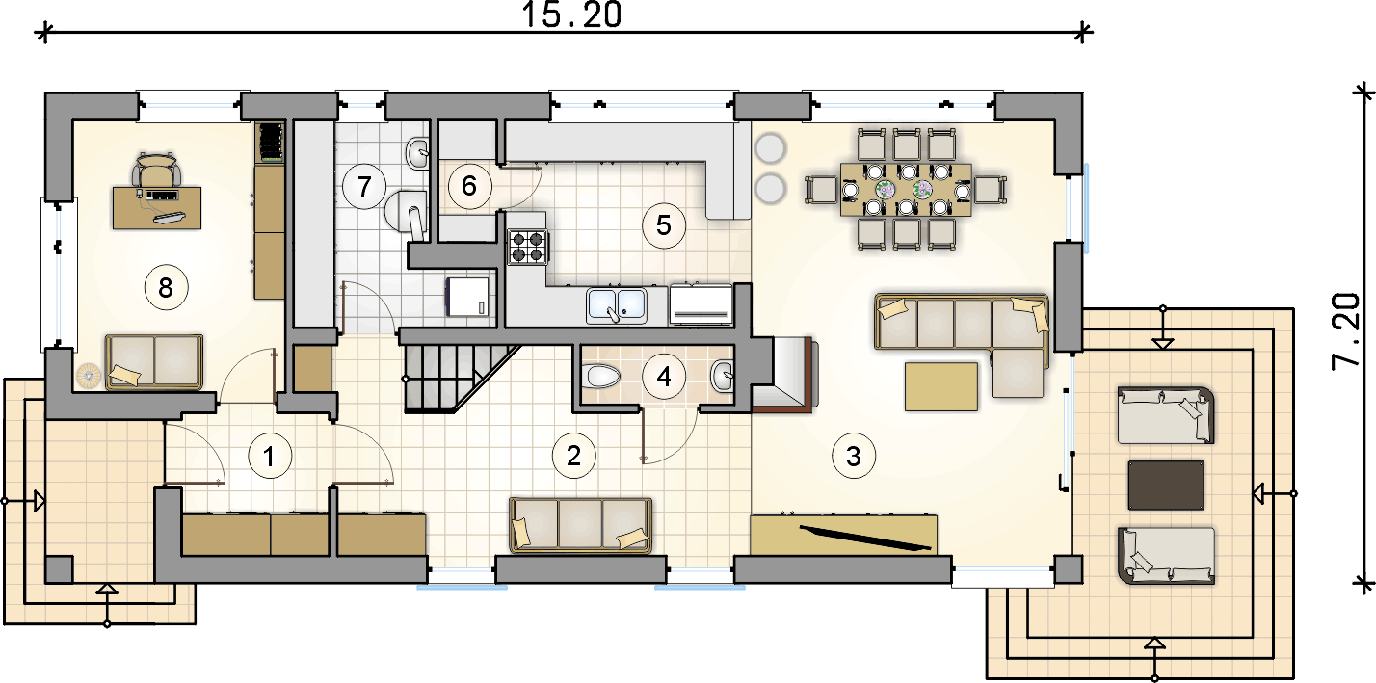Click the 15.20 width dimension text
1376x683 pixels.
click(572, 14)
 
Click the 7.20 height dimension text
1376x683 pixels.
click(1345, 332)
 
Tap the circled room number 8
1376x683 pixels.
click(166, 287)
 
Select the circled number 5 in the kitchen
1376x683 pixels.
click(663, 225)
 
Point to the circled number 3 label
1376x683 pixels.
click(853, 456)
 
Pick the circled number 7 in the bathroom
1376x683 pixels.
click(363, 186)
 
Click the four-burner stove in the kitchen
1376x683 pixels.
click(528, 247)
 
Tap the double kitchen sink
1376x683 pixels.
click(616, 305)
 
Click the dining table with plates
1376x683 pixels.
click(906, 190)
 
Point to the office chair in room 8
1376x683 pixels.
click(157, 169)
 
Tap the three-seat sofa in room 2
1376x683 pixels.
click(580, 525)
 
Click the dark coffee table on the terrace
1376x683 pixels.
click(1166, 486)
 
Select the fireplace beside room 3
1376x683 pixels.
click(785, 373)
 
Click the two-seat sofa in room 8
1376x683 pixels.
click(153, 362)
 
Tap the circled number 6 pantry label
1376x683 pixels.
click(469, 186)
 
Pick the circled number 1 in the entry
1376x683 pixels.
click(269, 456)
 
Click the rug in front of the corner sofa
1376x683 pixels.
click(941, 386)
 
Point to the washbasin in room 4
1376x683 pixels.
click(723, 376)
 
